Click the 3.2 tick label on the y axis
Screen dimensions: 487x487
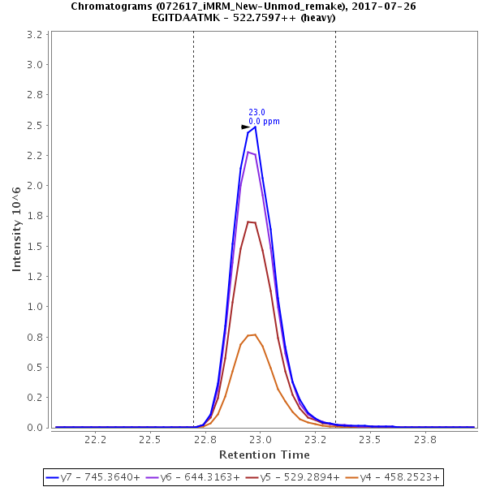35,35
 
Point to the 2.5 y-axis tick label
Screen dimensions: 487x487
35,125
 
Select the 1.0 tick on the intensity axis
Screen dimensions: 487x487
35,307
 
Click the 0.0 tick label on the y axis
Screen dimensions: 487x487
35,428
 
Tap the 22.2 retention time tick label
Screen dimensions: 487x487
96,439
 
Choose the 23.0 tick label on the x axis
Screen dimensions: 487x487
260,439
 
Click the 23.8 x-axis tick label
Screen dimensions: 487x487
425,439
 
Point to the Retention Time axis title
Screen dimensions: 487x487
264,455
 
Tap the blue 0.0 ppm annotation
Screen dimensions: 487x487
264,121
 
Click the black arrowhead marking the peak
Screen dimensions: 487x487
246,127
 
